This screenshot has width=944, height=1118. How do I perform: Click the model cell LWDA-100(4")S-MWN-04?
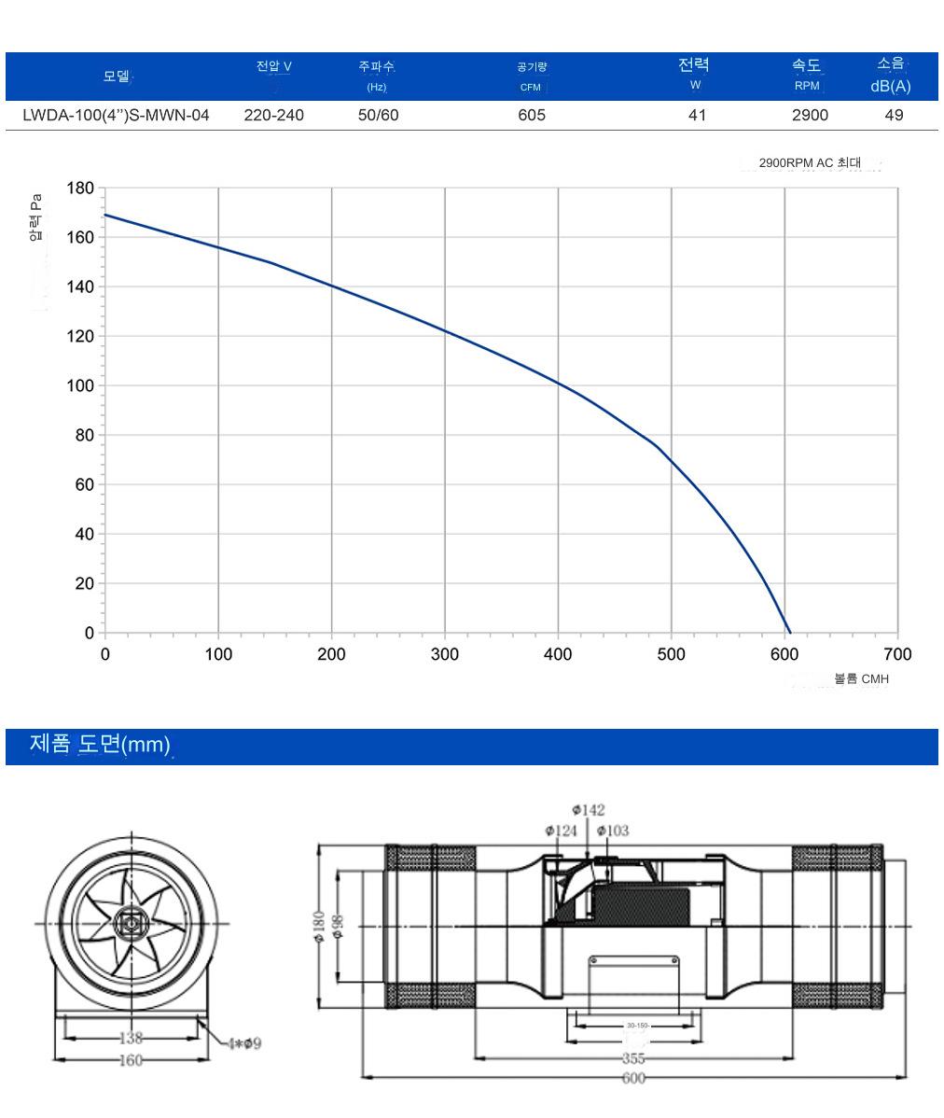[x=116, y=115]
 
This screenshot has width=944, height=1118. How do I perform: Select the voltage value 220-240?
[x=273, y=115]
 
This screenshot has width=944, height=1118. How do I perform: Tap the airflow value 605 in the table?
[x=532, y=115]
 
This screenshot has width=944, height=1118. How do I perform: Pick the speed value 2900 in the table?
[x=810, y=115]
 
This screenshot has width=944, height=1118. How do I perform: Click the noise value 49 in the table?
[x=895, y=115]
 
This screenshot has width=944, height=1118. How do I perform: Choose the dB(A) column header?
[x=891, y=86]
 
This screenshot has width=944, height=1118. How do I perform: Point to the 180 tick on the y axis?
[x=80, y=189]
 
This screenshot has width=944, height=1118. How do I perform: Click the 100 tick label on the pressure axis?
[x=80, y=385]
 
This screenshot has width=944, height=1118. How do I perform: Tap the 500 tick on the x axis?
[x=671, y=654]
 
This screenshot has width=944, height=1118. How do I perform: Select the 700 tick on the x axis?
[x=897, y=654]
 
